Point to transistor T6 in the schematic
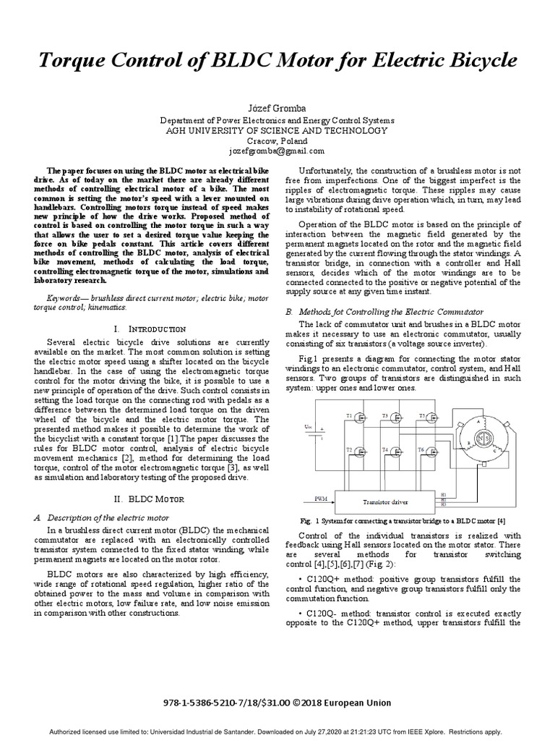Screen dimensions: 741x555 click(431, 452)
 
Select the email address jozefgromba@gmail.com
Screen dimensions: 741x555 click(277, 151)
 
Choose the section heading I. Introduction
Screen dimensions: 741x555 click(150, 329)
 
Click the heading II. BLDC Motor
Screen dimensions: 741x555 click(150, 499)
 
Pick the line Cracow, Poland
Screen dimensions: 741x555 click(277, 141)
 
